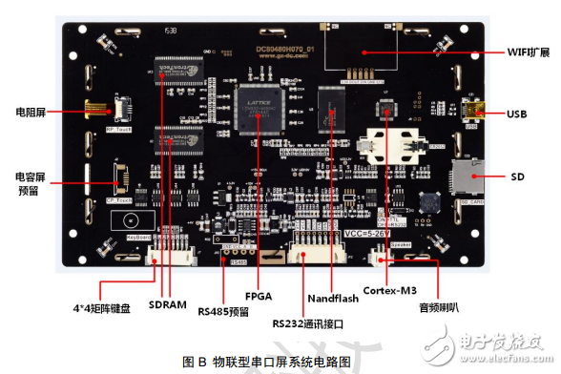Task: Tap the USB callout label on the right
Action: [519, 114]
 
